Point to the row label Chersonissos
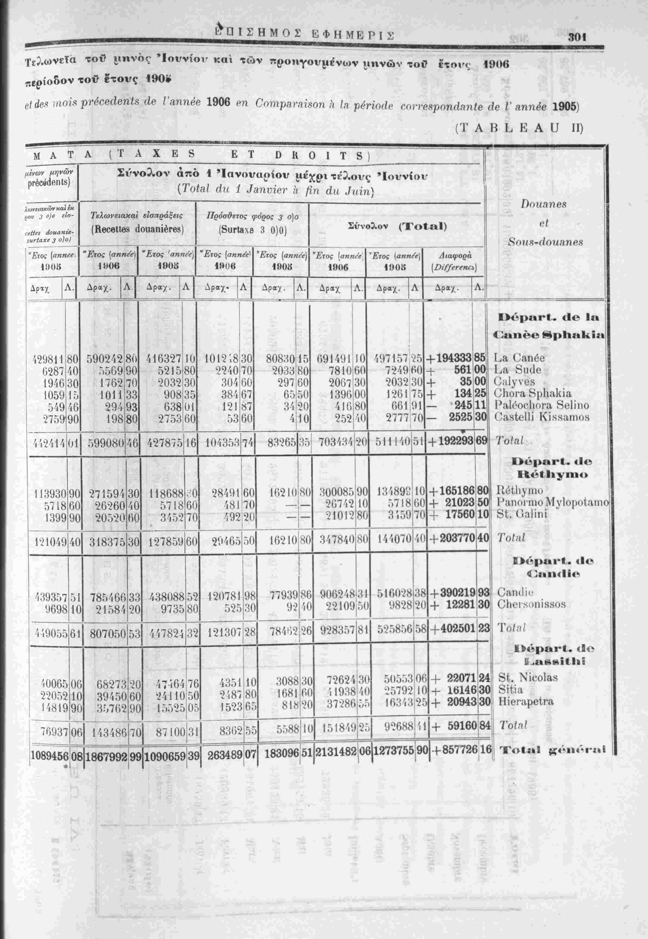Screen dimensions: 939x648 531,604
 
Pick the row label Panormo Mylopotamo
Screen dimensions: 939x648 552,502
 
